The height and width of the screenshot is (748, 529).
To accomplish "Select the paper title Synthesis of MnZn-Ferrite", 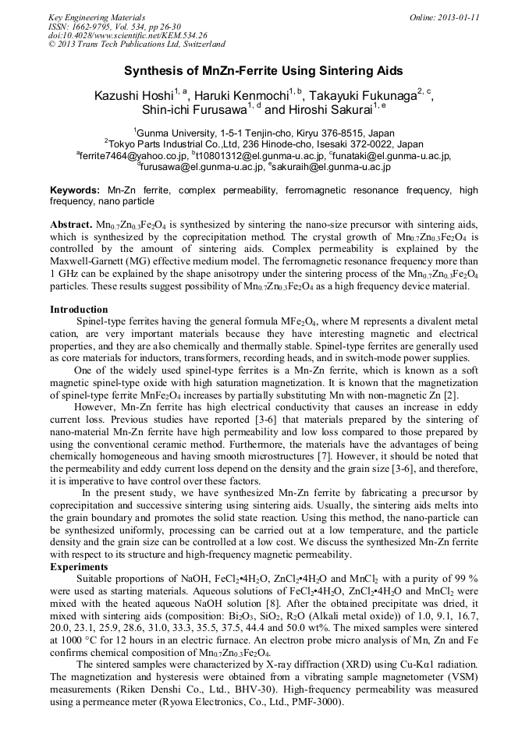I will pos(264,71).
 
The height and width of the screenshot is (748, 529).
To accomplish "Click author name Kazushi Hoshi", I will pos(133,96).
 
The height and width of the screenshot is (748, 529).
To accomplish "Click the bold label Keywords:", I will pos(75,190).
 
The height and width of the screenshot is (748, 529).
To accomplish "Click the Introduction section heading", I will pos(79,309).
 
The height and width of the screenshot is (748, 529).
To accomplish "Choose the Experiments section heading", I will pos(80,566).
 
